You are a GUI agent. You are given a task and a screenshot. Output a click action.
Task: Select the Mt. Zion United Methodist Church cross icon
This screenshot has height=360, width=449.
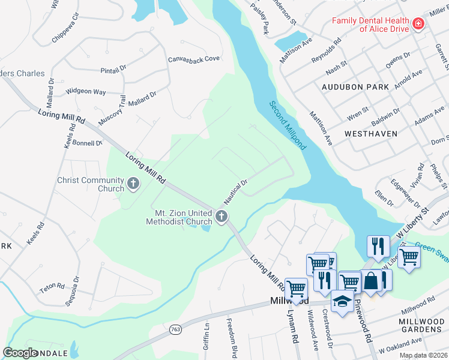click(221, 217)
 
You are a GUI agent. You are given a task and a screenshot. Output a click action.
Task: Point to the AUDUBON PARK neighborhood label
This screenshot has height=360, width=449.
click(355, 87)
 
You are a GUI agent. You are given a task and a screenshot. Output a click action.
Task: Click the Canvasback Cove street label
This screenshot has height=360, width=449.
click(194, 59)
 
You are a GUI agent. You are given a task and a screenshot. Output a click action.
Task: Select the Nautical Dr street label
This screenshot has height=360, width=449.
click(236, 190)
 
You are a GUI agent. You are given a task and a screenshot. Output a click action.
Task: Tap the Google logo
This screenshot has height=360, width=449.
click(21, 353)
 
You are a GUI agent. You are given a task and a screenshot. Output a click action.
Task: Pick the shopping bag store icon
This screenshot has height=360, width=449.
click(371, 281)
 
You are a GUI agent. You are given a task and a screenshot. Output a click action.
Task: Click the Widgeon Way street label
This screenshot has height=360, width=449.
click(86, 91)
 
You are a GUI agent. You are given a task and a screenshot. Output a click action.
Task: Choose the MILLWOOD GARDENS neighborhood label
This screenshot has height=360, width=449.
click(421, 326)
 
